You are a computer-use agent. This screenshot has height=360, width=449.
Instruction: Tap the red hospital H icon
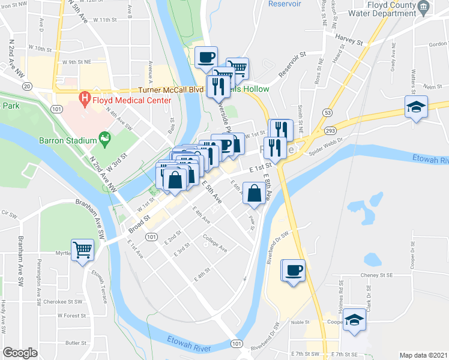pyautogui.click(x=85, y=97)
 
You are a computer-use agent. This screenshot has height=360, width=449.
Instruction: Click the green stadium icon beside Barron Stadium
pyautogui.click(x=106, y=140)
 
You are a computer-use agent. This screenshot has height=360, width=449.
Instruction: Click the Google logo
pyautogui.click(x=20, y=353)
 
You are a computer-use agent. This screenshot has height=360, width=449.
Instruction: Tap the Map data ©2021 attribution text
pyautogui.click(x=424, y=355)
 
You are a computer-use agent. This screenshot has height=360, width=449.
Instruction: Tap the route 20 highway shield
pyautogui.click(x=26, y=87)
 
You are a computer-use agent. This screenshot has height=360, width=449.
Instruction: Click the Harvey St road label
pyautogui.click(x=351, y=42)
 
